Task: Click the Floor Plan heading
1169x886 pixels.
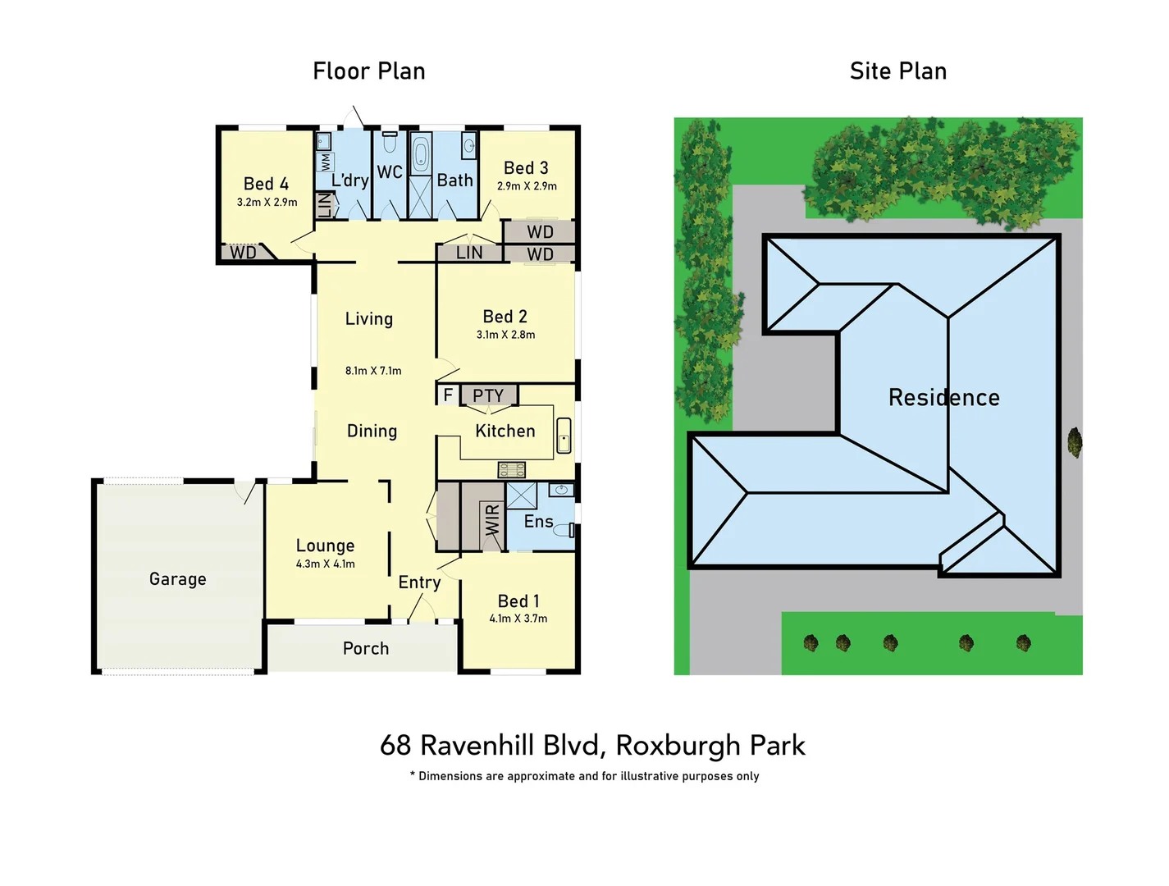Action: (x=369, y=71)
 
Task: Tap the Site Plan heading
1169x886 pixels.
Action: (x=898, y=71)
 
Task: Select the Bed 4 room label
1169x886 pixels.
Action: (x=266, y=184)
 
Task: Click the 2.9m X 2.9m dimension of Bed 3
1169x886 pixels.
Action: (x=527, y=186)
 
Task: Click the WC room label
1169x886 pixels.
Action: (x=390, y=172)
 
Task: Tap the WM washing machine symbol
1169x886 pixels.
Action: (x=325, y=161)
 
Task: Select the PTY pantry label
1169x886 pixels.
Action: (x=488, y=395)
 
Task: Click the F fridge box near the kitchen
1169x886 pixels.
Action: (x=448, y=395)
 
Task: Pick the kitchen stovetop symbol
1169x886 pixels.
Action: (x=512, y=470)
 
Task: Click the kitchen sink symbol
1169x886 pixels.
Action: (x=564, y=436)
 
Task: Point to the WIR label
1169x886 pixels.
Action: (x=492, y=520)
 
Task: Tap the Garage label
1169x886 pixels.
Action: (x=178, y=579)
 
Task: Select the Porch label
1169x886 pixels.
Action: (x=366, y=649)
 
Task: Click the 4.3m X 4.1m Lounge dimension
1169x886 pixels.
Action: (x=326, y=564)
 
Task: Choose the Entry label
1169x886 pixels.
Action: (x=419, y=582)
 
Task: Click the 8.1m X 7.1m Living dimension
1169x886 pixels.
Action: (x=373, y=371)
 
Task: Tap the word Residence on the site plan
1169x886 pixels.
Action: (x=944, y=398)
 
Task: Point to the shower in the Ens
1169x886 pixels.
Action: (x=521, y=496)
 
